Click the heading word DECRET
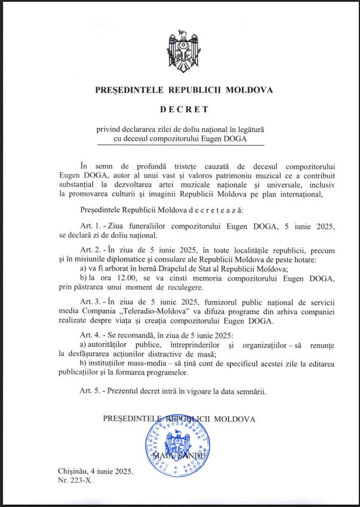[184, 109]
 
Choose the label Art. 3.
[88, 311]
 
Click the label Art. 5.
[88, 392]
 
